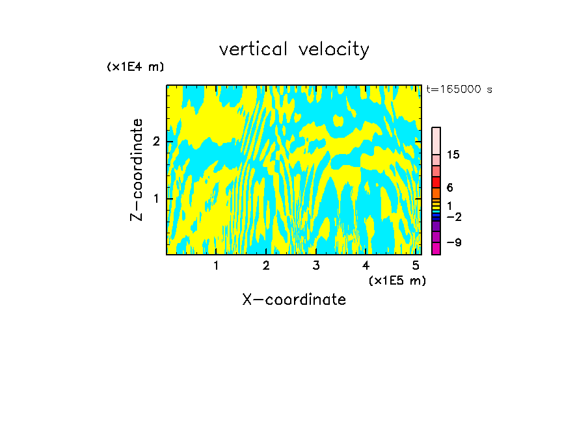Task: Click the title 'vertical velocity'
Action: coord(294,49)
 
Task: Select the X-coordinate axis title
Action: coord(294,300)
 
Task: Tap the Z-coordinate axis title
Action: coord(137,170)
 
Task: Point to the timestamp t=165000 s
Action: coord(459,89)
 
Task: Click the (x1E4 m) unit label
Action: coord(135,66)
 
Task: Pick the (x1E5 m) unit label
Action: coord(397,280)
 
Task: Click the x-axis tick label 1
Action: coord(217,265)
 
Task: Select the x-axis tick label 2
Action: coord(266,265)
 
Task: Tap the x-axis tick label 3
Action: coord(316,265)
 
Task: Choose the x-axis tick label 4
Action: coord(366,265)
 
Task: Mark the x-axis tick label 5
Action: coord(416,265)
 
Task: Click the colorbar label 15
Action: coord(453,155)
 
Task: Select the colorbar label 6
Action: coord(449,187)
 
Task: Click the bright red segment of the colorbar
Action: coord(436,182)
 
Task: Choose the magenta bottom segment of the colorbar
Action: coord(436,248)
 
